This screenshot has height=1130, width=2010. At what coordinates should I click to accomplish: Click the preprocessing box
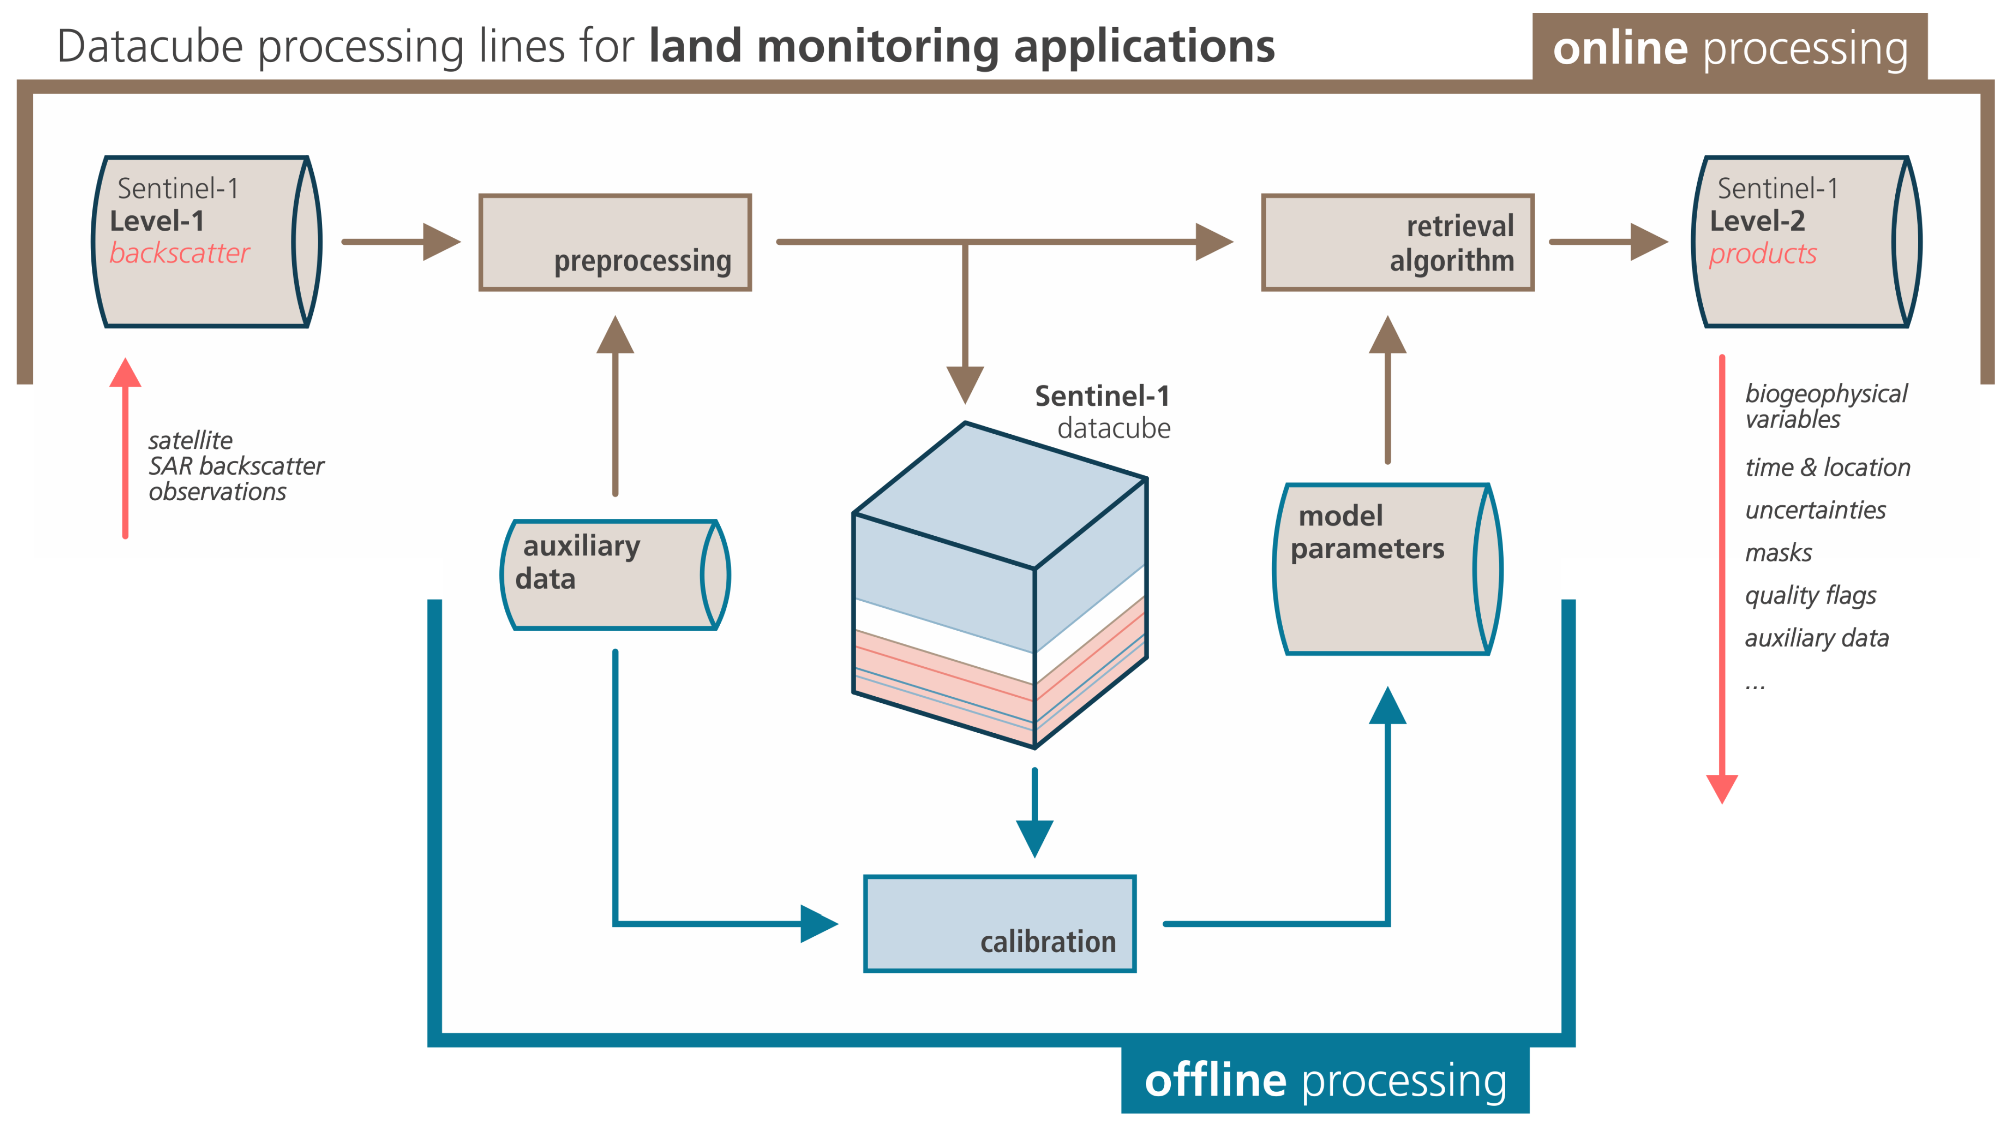615,242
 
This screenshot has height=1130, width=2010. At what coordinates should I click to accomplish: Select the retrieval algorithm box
1397,242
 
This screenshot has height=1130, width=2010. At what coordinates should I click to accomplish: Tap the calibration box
999,924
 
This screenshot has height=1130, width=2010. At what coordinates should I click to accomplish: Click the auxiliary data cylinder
615,575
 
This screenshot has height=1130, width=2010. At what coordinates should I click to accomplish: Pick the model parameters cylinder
1387,569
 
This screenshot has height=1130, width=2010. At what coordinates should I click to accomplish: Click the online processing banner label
1730,48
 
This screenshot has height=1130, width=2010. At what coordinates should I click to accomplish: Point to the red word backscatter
179,254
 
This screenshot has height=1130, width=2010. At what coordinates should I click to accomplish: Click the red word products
1763,254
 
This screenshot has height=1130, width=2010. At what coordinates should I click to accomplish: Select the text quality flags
1810,596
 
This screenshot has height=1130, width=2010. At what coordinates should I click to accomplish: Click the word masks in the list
1778,553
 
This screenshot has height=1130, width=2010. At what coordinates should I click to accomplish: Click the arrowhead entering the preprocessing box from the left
441,242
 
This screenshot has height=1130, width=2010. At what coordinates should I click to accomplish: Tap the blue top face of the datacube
1000,495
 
